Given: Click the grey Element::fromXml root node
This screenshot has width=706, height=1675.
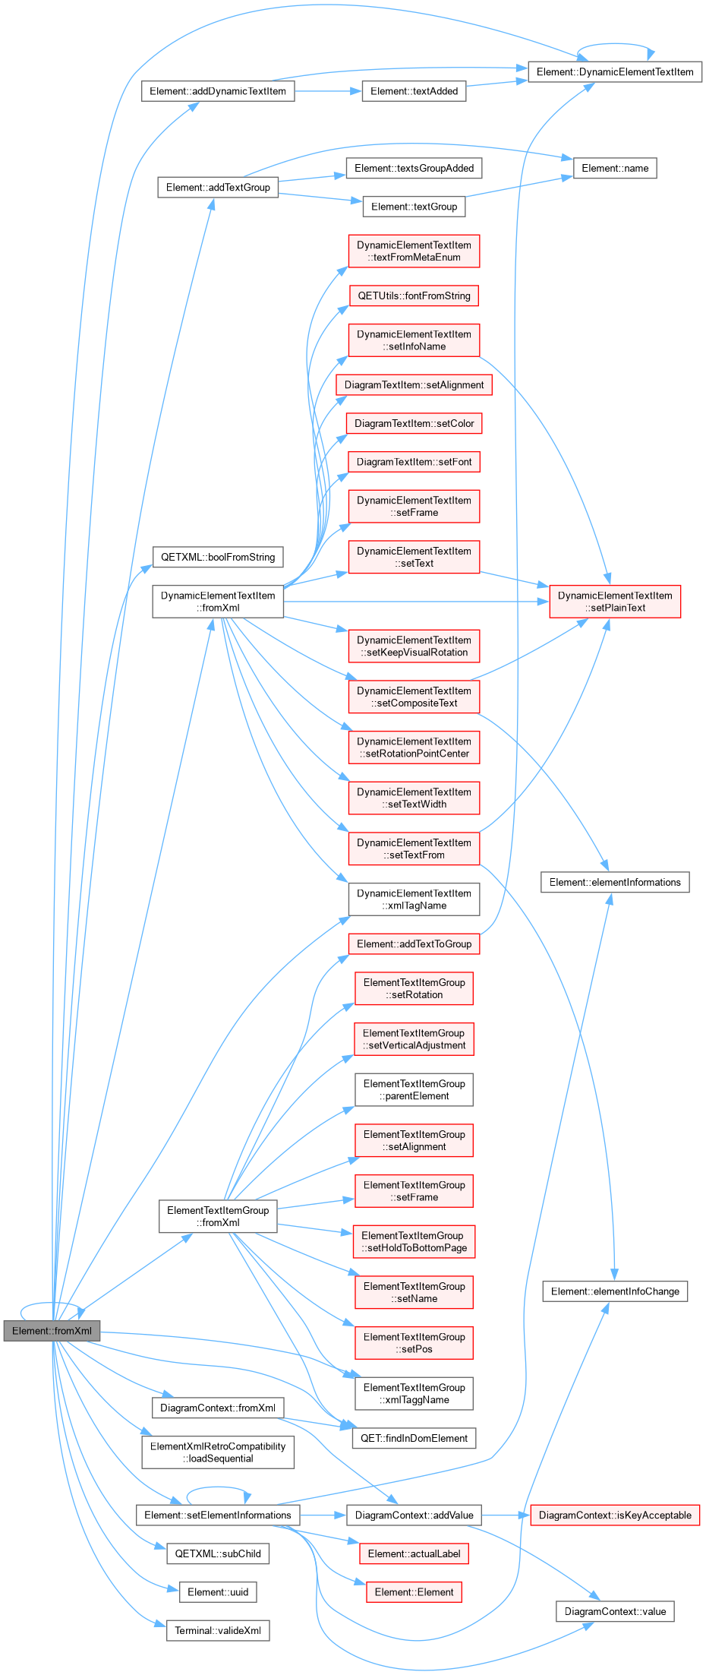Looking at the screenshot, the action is [52, 1331].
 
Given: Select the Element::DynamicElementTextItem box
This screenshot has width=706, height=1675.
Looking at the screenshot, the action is [615, 72].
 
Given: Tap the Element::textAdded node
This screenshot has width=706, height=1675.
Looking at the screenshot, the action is [414, 91].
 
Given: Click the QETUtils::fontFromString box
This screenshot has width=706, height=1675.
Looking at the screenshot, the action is [414, 295].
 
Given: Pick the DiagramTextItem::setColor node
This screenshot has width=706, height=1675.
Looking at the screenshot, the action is [414, 423].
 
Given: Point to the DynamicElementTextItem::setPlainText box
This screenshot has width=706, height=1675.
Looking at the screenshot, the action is [615, 602].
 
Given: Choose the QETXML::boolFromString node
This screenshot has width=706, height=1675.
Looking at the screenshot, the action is [218, 557].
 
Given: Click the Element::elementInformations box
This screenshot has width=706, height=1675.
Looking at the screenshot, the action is [615, 882].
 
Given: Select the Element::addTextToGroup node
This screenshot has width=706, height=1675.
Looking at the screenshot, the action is [414, 943].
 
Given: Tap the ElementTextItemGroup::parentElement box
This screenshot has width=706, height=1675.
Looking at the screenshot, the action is [414, 1089].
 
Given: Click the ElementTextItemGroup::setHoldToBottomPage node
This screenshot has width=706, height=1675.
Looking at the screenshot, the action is [414, 1241].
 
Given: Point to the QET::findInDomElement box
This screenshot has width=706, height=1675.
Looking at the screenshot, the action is [414, 1438].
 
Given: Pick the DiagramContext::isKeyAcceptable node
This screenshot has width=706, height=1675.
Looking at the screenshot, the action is [615, 1515].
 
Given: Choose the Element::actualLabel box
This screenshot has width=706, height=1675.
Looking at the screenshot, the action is [414, 1553].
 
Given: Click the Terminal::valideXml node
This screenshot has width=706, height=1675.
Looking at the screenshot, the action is [218, 1630].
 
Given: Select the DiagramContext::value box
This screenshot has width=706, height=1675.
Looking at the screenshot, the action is [615, 1611].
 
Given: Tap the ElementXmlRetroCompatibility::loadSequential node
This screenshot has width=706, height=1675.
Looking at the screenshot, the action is [218, 1452].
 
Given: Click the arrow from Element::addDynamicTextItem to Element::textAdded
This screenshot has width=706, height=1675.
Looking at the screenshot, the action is [328, 91].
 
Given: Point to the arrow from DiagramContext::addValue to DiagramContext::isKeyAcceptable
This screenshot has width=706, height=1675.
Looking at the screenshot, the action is [506, 1515].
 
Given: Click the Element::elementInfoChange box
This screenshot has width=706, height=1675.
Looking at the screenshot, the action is [615, 1291].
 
